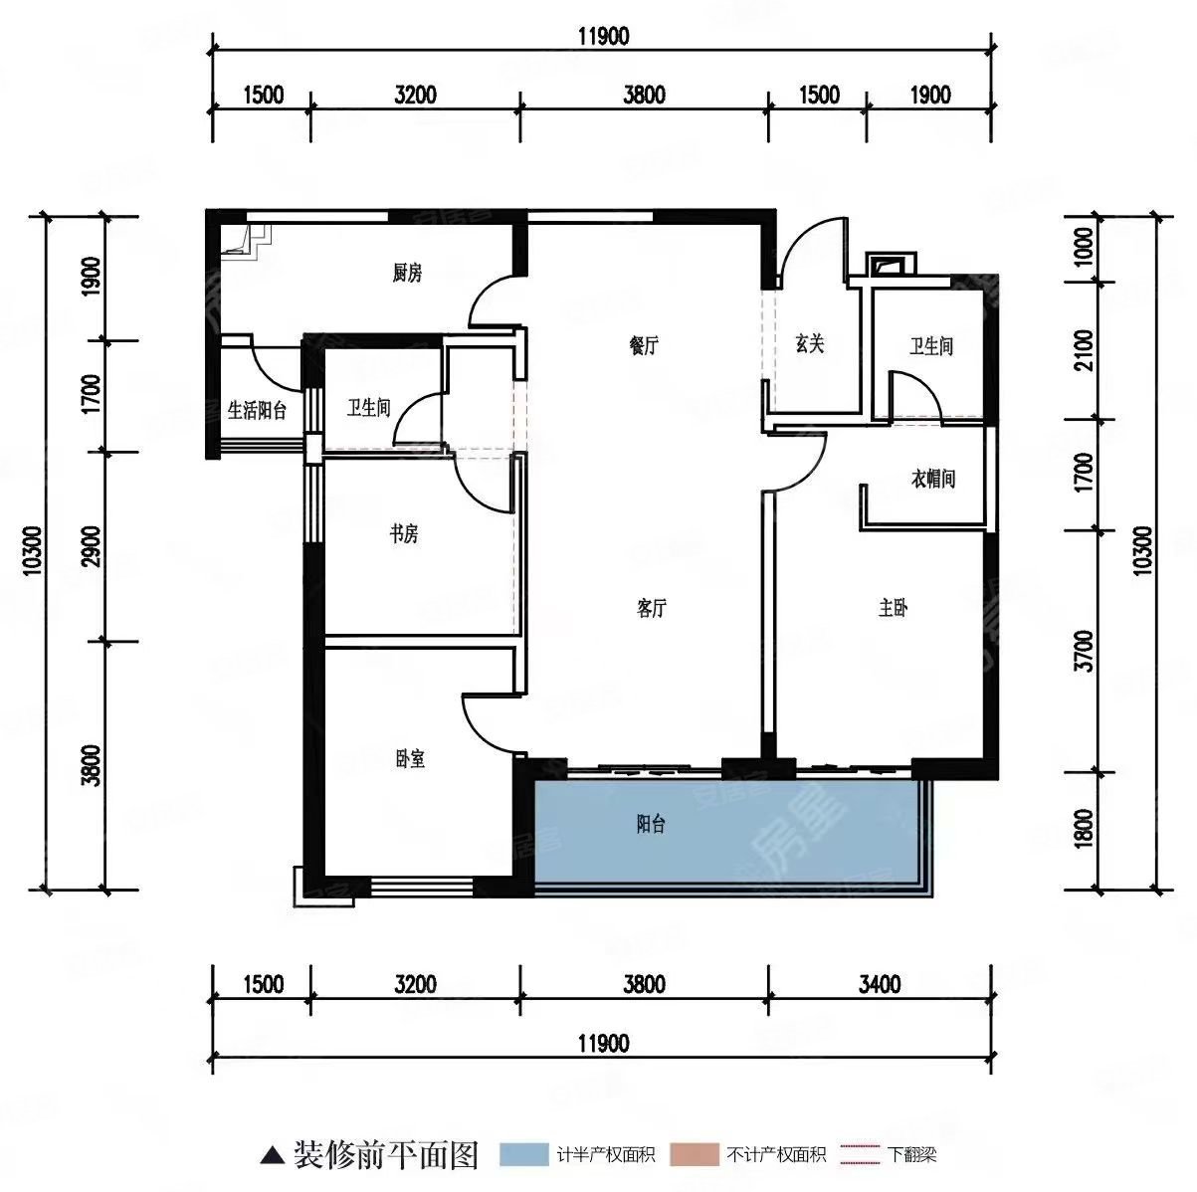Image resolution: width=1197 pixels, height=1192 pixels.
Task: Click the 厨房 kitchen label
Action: click(407, 273)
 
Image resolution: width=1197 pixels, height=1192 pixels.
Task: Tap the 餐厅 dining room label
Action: click(644, 345)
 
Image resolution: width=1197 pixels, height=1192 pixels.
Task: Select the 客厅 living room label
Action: click(651, 608)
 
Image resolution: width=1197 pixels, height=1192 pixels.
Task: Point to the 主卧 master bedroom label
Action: click(893, 608)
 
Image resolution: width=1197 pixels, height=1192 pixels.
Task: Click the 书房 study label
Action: click(404, 533)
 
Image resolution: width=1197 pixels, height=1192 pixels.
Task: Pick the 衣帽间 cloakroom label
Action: click(933, 479)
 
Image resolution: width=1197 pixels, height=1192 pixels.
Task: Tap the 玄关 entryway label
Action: click(809, 343)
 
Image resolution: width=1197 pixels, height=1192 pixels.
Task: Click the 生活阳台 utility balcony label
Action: click(257, 411)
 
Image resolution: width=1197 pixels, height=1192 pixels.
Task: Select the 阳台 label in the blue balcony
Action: click(651, 824)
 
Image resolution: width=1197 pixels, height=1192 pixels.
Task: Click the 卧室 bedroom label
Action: click(410, 758)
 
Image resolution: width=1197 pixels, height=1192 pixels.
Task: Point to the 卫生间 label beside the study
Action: click(368, 408)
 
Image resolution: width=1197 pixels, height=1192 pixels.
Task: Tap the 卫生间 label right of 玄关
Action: click(931, 346)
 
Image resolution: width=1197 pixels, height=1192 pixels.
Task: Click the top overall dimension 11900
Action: click(603, 37)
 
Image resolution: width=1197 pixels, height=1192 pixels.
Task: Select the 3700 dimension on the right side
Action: click(1085, 651)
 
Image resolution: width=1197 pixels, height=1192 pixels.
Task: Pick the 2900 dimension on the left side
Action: click(91, 546)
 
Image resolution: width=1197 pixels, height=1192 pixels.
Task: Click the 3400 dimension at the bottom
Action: click(880, 984)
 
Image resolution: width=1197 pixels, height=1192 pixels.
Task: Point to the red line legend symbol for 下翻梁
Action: click(860, 1154)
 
